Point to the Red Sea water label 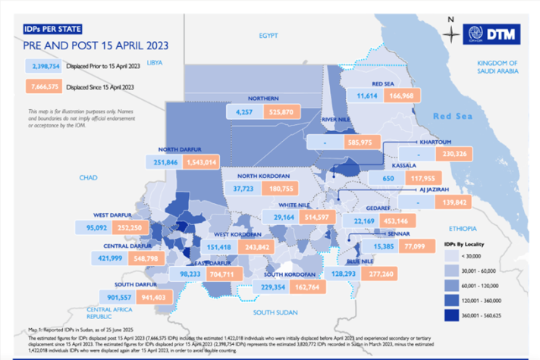[451, 116]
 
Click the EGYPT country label [268, 36]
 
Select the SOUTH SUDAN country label [275, 312]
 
